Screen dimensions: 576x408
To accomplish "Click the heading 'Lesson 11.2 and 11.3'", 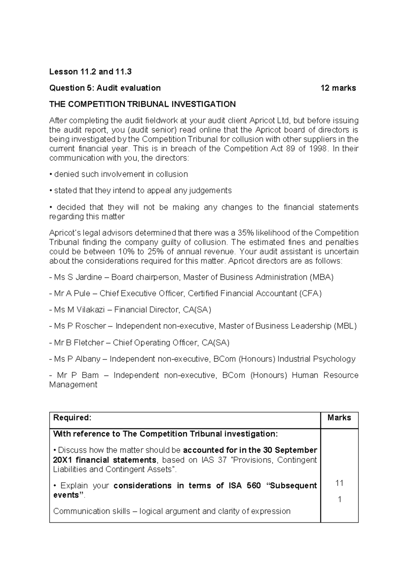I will click(90, 72).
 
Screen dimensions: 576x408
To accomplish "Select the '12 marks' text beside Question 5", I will click(338, 88).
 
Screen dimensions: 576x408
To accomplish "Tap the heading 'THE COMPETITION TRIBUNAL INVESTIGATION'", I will click(142, 104).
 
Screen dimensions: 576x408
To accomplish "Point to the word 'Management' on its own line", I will click(73, 385).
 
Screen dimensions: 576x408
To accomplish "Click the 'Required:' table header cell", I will click(72, 418).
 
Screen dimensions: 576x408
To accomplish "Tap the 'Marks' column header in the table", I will click(339, 418).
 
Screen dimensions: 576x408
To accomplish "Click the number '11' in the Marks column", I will click(339, 483).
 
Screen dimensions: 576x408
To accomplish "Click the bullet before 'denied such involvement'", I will click(51, 175).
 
